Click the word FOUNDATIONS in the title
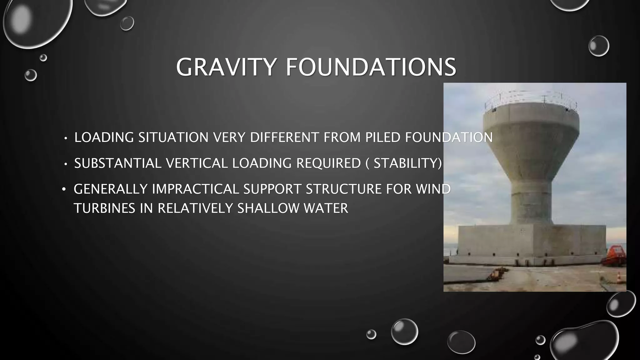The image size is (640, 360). pyautogui.click(x=371, y=67)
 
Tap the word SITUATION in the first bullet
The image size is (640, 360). pyautogui.click(x=173, y=137)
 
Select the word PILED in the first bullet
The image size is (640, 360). pyautogui.click(x=383, y=137)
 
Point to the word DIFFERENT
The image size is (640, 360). pyautogui.click(x=284, y=137)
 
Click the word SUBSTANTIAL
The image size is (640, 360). pyautogui.click(x=118, y=163)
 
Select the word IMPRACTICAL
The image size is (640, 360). pyautogui.click(x=195, y=189)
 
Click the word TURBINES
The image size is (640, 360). pyautogui.click(x=105, y=208)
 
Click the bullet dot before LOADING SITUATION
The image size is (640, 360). pyautogui.click(x=66, y=138)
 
